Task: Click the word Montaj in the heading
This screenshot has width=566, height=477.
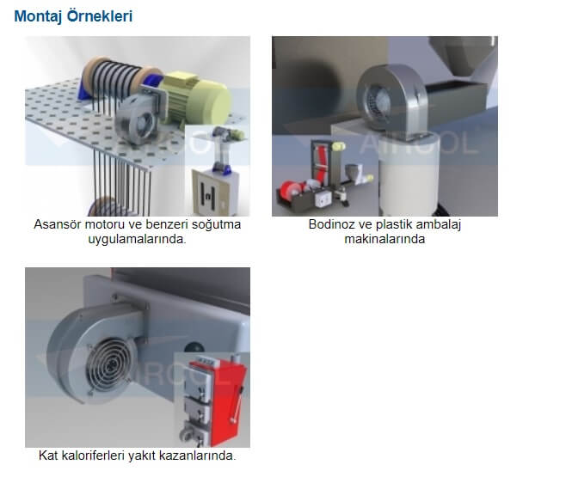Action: point(39,16)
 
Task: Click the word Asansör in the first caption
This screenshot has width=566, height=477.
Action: point(57,224)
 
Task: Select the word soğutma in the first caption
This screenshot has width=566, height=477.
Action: point(216,224)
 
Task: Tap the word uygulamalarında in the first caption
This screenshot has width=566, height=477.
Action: point(137,239)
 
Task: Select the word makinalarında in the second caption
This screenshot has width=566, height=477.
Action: point(385,239)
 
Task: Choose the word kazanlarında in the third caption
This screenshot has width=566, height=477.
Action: point(200,456)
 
